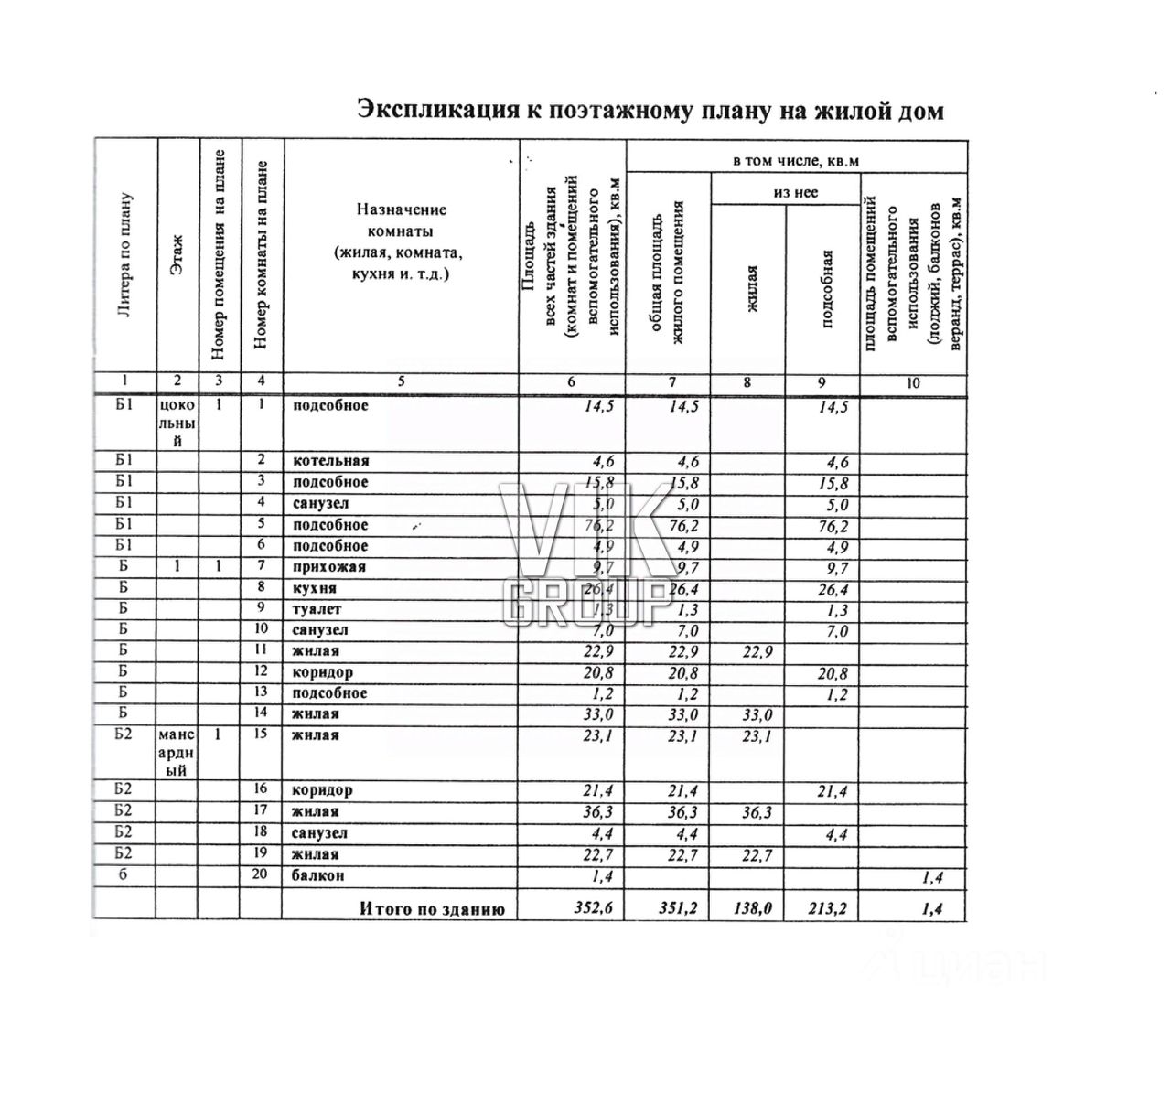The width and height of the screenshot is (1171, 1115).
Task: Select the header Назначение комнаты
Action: pyautogui.click(x=401, y=241)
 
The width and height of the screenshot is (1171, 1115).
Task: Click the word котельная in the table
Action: pyautogui.click(x=331, y=461)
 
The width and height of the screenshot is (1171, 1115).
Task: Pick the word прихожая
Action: pyautogui.click(x=328, y=567)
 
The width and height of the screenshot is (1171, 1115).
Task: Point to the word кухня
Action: pyautogui.click(x=315, y=588)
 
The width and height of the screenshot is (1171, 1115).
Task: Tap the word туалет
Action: pyautogui.click(x=317, y=609)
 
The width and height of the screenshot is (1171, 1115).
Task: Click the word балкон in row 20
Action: pyautogui.click(x=318, y=875)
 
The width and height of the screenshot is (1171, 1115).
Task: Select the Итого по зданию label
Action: pyautogui.click(x=432, y=909)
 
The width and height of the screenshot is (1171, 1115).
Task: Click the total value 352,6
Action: pyautogui.click(x=593, y=908)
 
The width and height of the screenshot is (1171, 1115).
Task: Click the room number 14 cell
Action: pyautogui.click(x=261, y=713)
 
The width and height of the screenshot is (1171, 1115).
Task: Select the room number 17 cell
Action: pyautogui.click(x=261, y=809)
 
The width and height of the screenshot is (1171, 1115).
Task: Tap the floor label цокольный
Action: pyautogui.click(x=177, y=423)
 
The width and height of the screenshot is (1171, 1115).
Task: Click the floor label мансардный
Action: pyautogui.click(x=177, y=752)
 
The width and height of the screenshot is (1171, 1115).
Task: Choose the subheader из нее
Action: pyautogui.click(x=795, y=192)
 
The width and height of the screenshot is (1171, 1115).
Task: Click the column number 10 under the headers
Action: pyautogui.click(x=912, y=383)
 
